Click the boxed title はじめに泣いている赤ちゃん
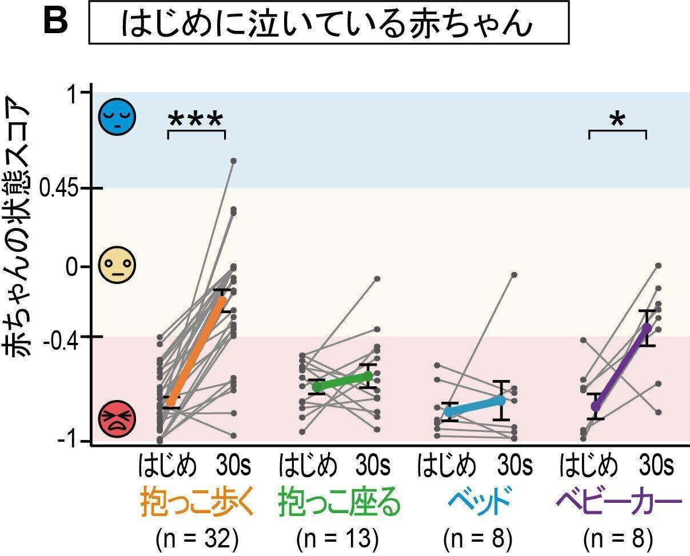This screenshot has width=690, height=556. [328, 23]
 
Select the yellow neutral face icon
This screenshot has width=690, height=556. [117, 266]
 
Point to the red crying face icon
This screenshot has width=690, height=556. [117, 419]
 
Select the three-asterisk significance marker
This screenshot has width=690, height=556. [196, 121]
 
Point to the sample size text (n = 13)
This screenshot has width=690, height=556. [338, 538]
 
